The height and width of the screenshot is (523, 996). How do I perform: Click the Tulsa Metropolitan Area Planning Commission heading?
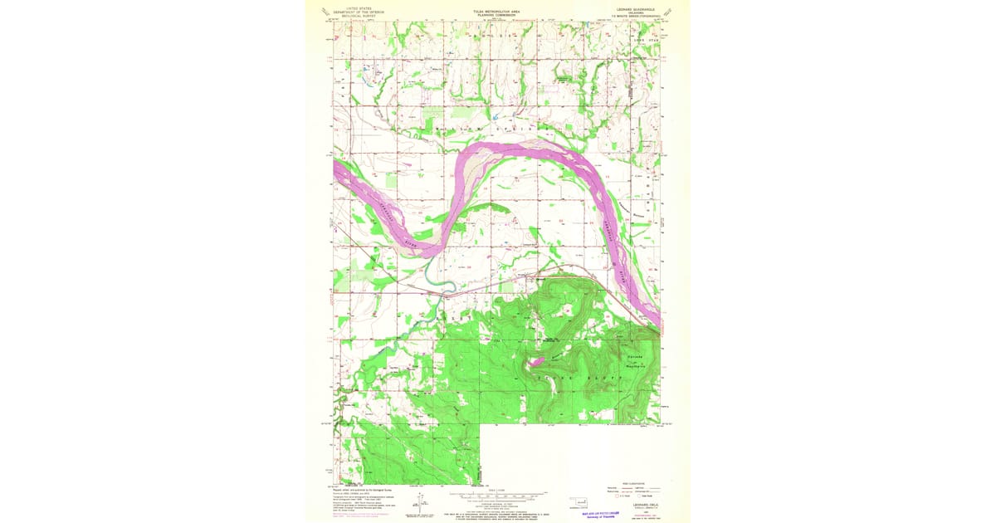(496, 13)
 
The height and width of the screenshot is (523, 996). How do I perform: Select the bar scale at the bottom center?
(496, 493)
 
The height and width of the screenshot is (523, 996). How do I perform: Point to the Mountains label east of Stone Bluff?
(635, 359)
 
